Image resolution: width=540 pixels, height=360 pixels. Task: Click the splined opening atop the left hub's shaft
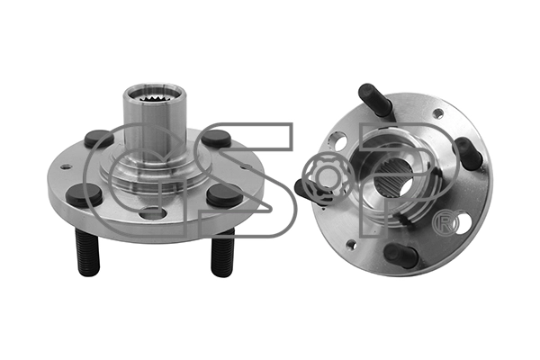click(x=156, y=94)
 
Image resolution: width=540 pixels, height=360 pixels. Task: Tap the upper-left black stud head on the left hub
click(x=99, y=139)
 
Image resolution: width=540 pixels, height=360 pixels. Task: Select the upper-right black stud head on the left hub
click(x=216, y=139)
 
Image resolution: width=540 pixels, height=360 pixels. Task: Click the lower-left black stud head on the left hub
click(x=84, y=195)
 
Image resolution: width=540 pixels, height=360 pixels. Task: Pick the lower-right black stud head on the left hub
click(x=224, y=195)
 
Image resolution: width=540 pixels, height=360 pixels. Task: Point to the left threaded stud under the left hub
click(x=87, y=253)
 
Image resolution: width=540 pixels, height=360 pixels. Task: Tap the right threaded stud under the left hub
click(x=222, y=253)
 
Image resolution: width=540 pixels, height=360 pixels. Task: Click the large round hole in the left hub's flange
click(x=153, y=213)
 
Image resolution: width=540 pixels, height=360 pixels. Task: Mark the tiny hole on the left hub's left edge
click(x=66, y=167)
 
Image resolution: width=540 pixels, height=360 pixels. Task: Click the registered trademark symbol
click(x=446, y=224)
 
